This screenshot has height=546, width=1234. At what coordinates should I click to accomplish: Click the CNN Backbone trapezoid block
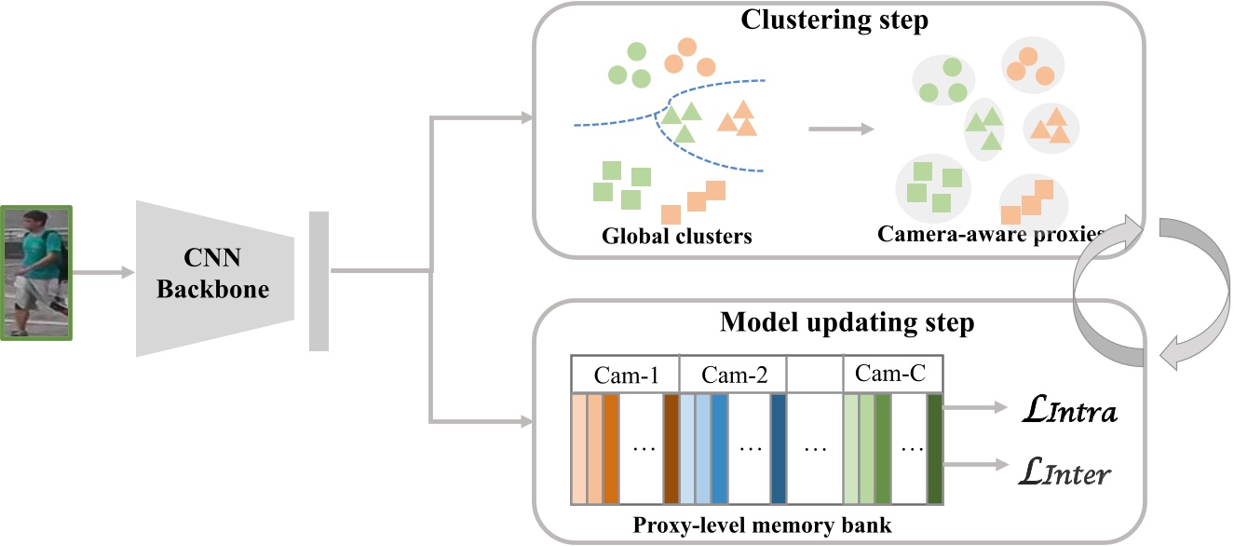(x=215, y=277)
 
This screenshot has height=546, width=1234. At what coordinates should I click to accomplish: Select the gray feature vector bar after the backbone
(x=319, y=281)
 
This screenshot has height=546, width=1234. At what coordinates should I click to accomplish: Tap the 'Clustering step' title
(x=834, y=20)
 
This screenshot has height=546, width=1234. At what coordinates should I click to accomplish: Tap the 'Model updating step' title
(x=847, y=323)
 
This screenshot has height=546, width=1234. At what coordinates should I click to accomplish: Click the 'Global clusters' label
(x=675, y=236)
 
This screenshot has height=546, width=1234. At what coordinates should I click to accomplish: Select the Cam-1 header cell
(x=625, y=375)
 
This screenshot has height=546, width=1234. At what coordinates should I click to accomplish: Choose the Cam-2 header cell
(x=732, y=375)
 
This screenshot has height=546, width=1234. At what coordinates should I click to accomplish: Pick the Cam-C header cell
(x=891, y=375)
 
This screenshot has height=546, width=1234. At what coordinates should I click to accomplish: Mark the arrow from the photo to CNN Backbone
(x=103, y=273)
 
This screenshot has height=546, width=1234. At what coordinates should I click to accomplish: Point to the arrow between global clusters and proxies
(x=841, y=129)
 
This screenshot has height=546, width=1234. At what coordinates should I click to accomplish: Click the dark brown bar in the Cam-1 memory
(x=671, y=449)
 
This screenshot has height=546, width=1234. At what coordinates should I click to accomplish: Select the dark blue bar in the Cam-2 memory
(x=778, y=449)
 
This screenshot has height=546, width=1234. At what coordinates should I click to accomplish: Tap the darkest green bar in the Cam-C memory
(x=934, y=449)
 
